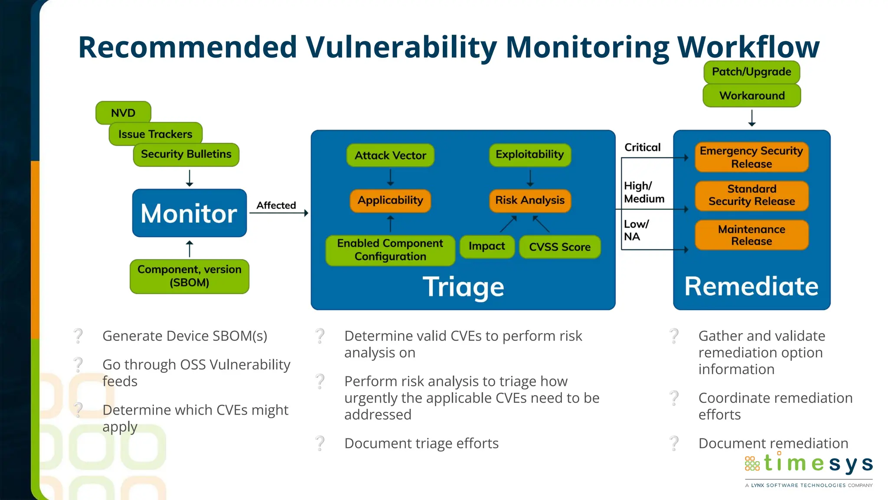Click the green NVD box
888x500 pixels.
pyautogui.click(x=123, y=113)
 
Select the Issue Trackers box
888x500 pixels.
pyautogui.click(x=155, y=134)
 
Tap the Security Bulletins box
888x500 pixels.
pyautogui.click(x=186, y=154)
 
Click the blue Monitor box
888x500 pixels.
pyautogui.click(x=189, y=213)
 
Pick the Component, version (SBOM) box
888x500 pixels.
pyautogui.click(x=189, y=276)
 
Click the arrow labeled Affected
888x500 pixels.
pyautogui.click(x=279, y=212)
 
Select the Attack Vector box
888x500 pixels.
pyautogui.click(x=390, y=155)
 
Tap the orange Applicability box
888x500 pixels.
pyautogui.click(x=390, y=200)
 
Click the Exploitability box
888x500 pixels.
pyautogui.click(x=530, y=155)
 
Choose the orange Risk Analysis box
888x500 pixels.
pyautogui.click(x=530, y=200)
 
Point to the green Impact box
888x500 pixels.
pyautogui.click(x=487, y=247)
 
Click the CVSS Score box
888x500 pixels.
pyautogui.click(x=560, y=247)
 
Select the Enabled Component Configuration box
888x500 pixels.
pyautogui.click(x=390, y=250)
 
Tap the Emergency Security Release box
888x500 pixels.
pyautogui.click(x=751, y=157)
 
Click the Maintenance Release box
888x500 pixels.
pyautogui.click(x=751, y=235)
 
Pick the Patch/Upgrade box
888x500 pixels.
pyautogui.click(x=751, y=72)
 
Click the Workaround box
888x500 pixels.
pyautogui.click(x=752, y=95)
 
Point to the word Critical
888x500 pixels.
pyautogui.click(x=642, y=147)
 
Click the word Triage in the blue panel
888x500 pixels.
pyautogui.click(x=463, y=287)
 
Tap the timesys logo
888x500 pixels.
pyautogui.click(x=809, y=464)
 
